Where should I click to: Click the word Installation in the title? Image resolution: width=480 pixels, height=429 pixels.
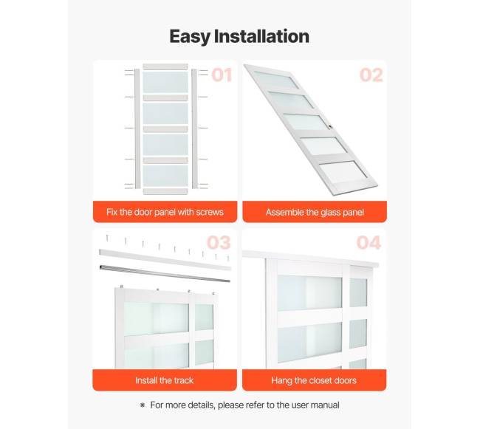(261, 36)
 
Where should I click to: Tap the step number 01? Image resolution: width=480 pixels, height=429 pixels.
(222, 75)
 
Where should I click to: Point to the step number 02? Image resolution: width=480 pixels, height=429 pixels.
(371, 75)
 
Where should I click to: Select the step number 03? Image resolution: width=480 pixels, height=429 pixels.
(219, 243)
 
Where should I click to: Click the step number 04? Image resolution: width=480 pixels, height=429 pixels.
(368, 243)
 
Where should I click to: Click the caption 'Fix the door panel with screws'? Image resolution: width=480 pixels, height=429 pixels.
(165, 212)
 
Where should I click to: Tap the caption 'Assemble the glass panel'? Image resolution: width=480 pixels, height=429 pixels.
(315, 213)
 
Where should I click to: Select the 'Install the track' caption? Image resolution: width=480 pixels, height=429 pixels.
(165, 380)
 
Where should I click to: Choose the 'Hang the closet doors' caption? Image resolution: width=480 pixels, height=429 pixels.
(314, 380)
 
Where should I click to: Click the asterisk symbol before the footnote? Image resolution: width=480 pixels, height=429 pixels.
(143, 405)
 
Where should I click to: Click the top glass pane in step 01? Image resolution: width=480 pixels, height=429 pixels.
(165, 82)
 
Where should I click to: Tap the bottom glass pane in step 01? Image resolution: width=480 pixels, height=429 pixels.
(165, 176)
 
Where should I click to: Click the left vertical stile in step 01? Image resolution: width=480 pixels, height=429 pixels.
(137, 128)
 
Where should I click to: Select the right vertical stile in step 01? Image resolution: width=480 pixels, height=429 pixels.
(194, 128)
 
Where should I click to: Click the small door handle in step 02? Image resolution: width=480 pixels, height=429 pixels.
(330, 126)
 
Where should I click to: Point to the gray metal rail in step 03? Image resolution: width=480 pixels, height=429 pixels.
(165, 273)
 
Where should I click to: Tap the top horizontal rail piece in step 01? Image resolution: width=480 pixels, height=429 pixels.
(165, 66)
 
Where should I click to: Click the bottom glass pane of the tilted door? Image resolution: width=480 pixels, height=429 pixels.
(343, 173)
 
